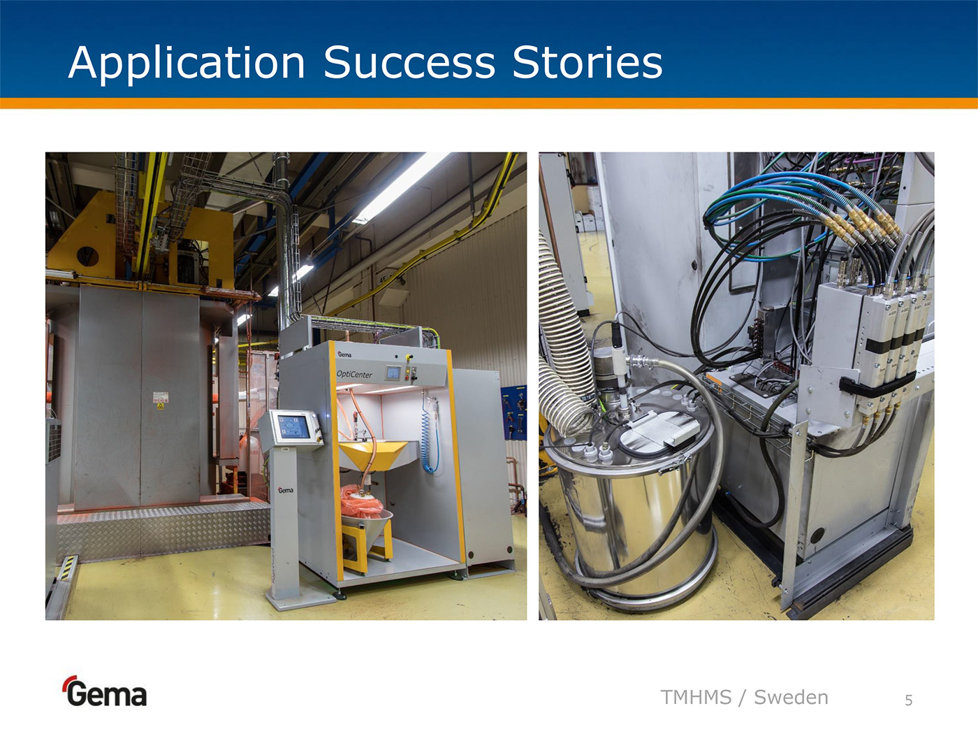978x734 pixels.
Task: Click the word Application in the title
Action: coord(187,64)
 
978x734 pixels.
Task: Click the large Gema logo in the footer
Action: coord(105,691)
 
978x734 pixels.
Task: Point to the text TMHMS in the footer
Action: coord(696,698)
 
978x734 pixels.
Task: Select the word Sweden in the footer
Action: coord(791,698)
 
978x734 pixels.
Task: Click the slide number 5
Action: coord(909,700)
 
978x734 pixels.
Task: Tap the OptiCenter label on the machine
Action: coord(354,375)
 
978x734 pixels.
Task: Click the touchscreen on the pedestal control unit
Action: coord(293,427)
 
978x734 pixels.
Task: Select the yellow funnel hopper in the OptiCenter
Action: coord(372,455)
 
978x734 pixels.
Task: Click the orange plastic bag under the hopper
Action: coord(361,502)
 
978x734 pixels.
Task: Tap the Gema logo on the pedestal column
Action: coord(286,490)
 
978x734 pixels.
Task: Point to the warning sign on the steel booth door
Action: coord(161,400)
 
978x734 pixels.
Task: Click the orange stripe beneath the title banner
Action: coord(489,103)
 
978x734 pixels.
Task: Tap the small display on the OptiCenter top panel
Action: coord(393,373)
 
